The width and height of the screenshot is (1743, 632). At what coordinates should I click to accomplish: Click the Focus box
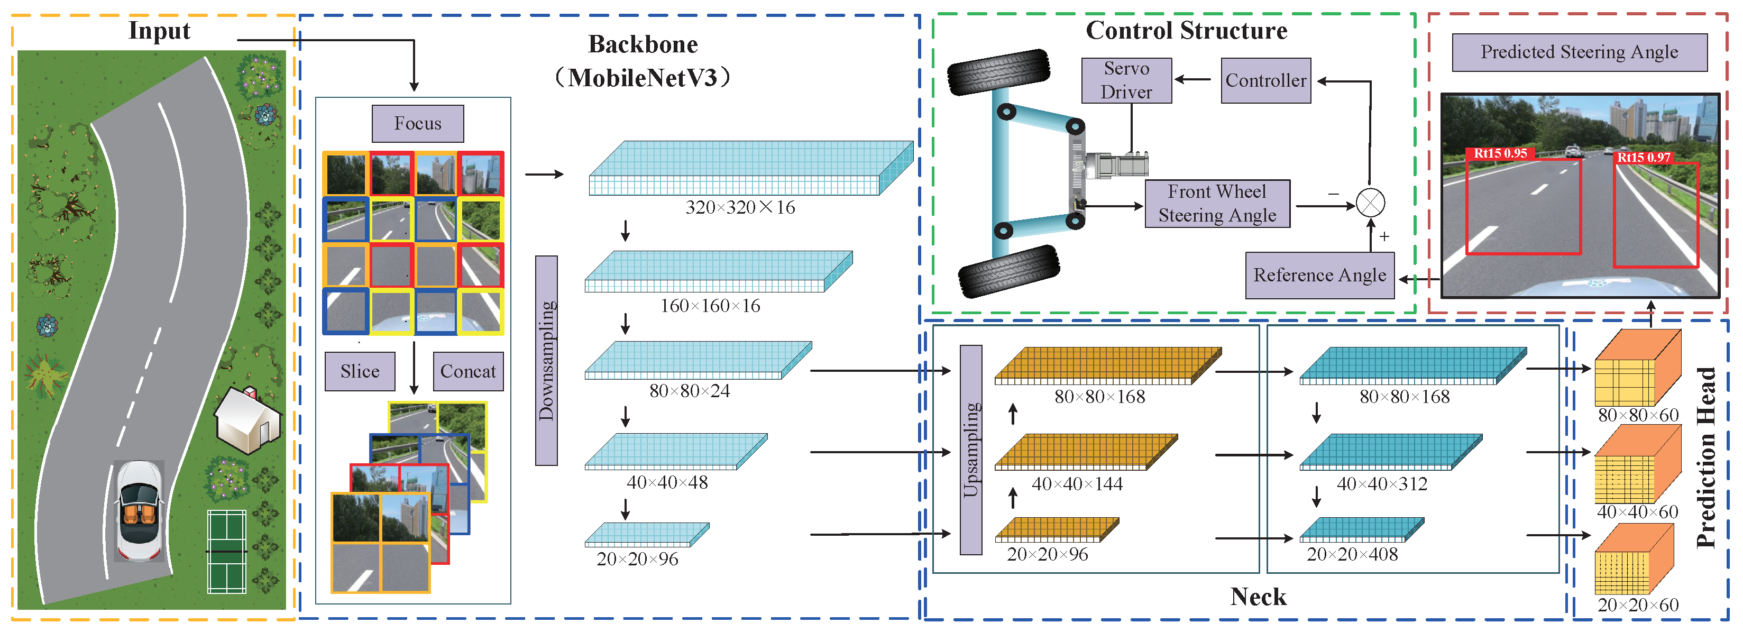(x=417, y=123)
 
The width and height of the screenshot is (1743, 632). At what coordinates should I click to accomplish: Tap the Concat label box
(x=467, y=371)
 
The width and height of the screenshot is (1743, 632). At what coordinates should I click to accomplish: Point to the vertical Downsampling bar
(x=546, y=360)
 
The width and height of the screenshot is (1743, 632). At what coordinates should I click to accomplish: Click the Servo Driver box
(x=1126, y=80)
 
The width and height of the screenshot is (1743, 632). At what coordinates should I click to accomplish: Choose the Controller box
(x=1265, y=80)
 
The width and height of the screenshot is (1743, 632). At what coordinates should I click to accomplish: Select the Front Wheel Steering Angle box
(x=1217, y=203)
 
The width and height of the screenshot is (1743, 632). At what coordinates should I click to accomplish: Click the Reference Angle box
(x=1319, y=274)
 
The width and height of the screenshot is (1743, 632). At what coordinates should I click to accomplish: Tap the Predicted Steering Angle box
(x=1579, y=52)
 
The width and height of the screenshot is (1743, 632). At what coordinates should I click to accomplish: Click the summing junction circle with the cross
(x=1370, y=203)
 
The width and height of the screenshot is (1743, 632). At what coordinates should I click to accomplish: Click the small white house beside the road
(x=247, y=420)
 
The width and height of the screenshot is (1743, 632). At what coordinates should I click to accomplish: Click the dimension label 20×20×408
(x=1351, y=554)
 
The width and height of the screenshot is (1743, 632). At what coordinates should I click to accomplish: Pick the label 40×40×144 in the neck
(x=1077, y=484)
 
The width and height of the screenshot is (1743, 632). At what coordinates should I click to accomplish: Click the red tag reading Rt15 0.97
(x=1643, y=157)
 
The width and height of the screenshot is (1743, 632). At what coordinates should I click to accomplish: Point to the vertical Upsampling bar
(x=971, y=450)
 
